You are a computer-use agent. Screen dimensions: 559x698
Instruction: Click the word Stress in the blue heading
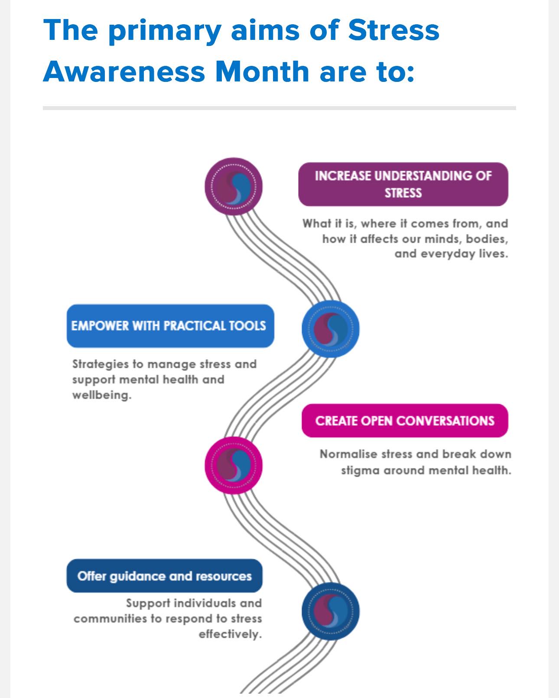[x=393, y=30]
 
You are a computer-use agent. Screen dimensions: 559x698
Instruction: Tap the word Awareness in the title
[x=124, y=71]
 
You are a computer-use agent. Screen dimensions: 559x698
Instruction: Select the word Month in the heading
[x=262, y=71]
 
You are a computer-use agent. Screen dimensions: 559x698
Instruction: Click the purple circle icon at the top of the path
[x=234, y=186]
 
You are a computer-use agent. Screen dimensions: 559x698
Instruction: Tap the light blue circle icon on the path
[x=331, y=329]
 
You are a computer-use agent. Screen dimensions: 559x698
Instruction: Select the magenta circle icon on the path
[x=234, y=465]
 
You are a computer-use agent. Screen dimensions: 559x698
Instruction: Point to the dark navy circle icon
[x=331, y=611]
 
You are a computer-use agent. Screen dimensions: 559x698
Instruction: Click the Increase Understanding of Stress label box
[x=403, y=184]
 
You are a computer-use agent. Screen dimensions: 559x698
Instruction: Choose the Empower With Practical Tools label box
[x=170, y=326]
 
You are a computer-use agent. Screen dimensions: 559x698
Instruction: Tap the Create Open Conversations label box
[x=405, y=421]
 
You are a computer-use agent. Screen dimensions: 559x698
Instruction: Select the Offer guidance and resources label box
[x=165, y=576]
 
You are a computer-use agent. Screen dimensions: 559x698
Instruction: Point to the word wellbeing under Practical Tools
[x=102, y=395]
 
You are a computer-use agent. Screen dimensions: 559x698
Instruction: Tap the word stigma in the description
[x=360, y=470]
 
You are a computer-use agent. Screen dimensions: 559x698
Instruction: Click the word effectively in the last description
[x=231, y=634]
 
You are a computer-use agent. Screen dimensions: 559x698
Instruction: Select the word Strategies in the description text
[x=101, y=364]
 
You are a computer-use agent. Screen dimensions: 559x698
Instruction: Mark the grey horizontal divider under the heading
[x=279, y=108]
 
